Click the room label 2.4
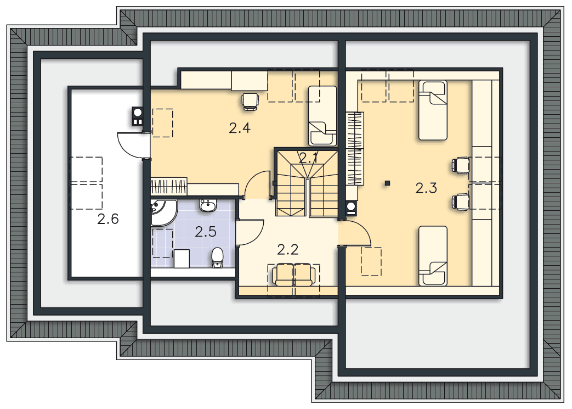240,128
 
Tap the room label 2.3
426,188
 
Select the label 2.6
108,219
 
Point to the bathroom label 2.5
205,232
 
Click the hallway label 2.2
288,250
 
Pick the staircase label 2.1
308,158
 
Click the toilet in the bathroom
217,257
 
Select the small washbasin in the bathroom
208,205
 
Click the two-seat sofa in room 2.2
294,275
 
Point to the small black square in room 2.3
387,183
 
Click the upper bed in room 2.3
433,110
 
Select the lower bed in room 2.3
433,256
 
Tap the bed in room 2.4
322,116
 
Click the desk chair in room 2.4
250,101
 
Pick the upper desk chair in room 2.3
460,165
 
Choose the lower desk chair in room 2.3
460,201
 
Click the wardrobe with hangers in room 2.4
169,186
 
